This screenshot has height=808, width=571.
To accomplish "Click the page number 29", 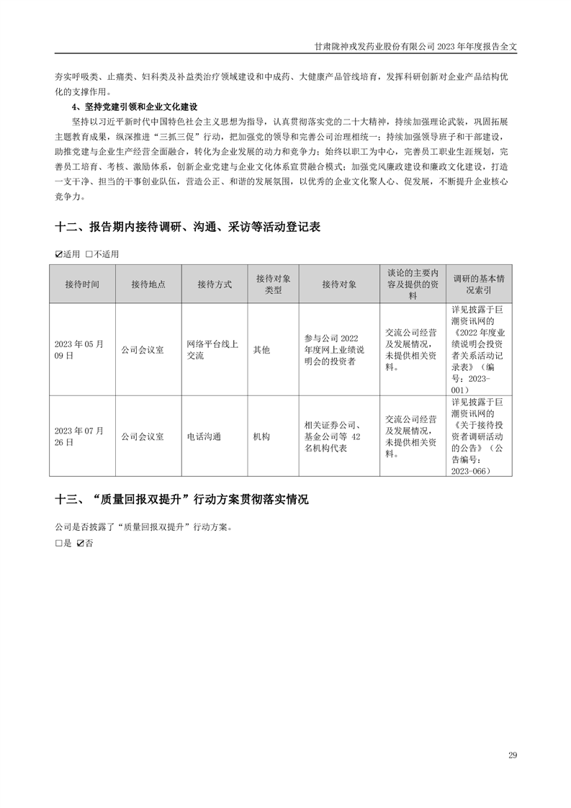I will [x=512, y=755].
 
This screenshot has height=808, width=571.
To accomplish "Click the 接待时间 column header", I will [x=82, y=284].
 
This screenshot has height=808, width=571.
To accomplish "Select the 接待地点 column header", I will [x=148, y=284].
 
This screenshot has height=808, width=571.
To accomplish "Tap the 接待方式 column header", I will [x=215, y=284].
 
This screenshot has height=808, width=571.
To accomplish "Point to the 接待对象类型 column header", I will [x=273, y=284].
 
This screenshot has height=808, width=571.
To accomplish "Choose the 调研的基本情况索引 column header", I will [x=479, y=284].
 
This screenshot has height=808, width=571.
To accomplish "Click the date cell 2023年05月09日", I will [x=79, y=349].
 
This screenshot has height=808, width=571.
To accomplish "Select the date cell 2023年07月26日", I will [x=79, y=436].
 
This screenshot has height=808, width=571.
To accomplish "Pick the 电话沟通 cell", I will [x=204, y=436].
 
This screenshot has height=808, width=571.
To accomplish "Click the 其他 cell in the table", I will [x=261, y=349].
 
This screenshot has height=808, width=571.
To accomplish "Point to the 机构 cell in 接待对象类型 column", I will [x=261, y=436].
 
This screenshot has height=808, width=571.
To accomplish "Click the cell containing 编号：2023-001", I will [x=479, y=349].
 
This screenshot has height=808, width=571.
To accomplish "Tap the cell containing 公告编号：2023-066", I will [x=479, y=436].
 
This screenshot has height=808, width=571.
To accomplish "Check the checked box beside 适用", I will [x=59, y=254].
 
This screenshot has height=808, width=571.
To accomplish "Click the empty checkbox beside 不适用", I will [x=89, y=254].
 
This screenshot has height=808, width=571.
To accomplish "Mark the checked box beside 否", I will [x=81, y=544].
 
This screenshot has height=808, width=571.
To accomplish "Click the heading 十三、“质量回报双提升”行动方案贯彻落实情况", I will [x=181, y=500].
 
